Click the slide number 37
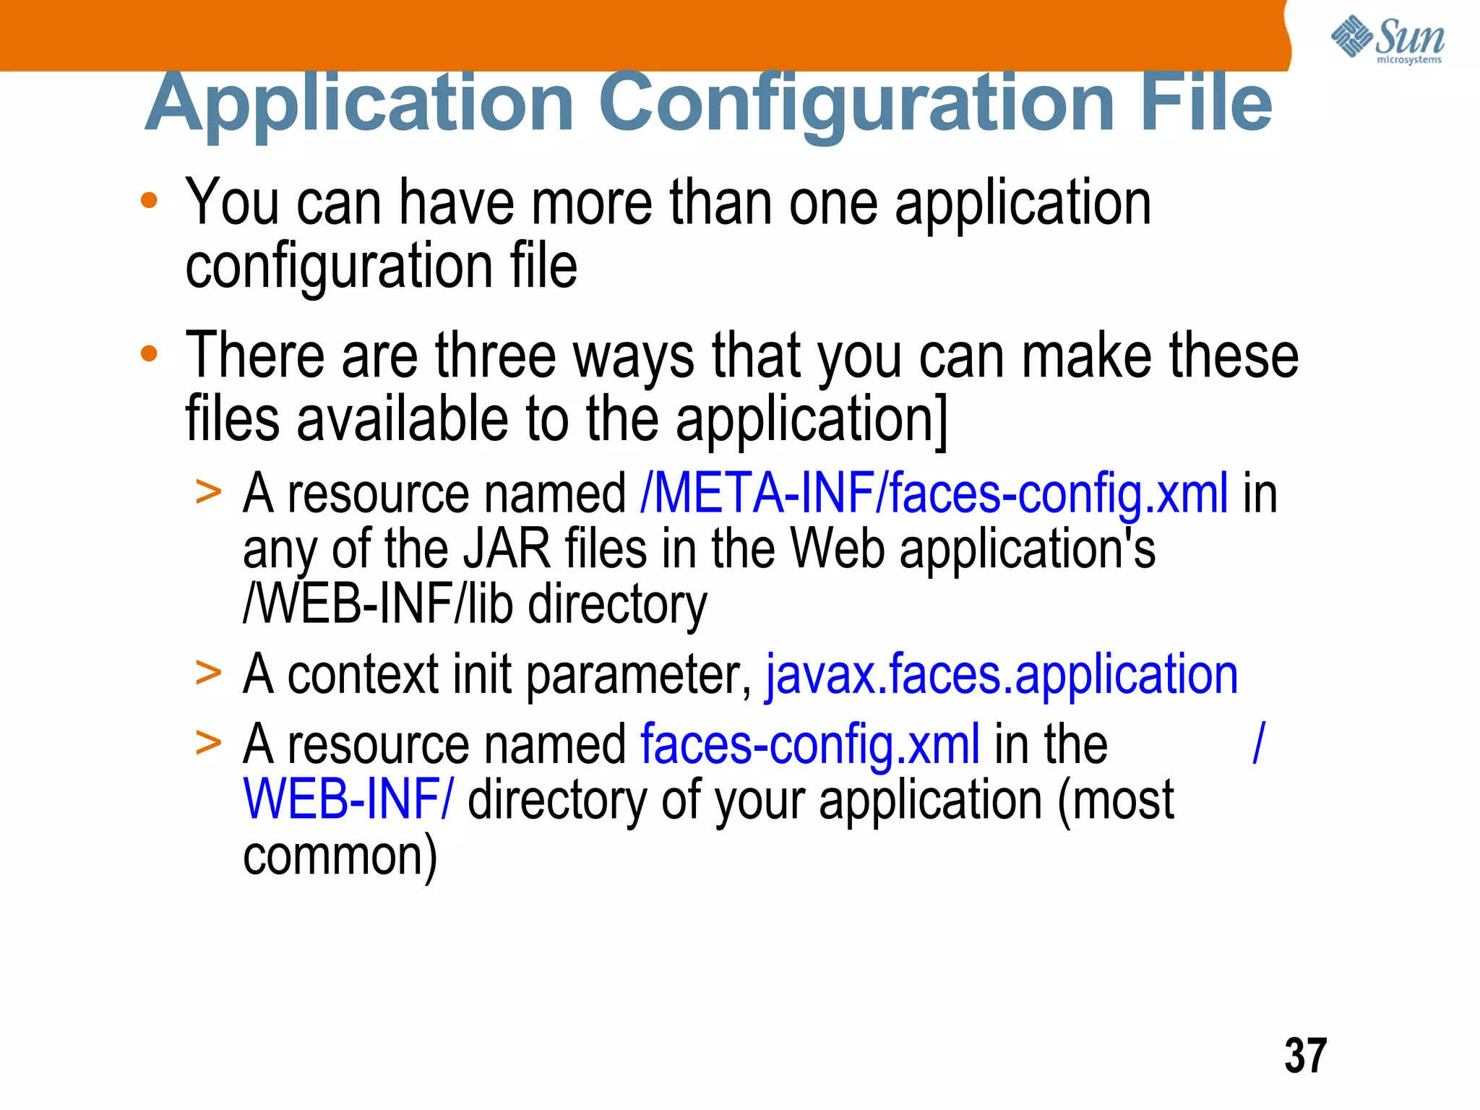[x=1305, y=1056]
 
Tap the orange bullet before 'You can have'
[x=149, y=201]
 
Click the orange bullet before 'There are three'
[x=149, y=354]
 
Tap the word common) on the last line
[x=340, y=857]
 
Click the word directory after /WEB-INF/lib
[x=617, y=606]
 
